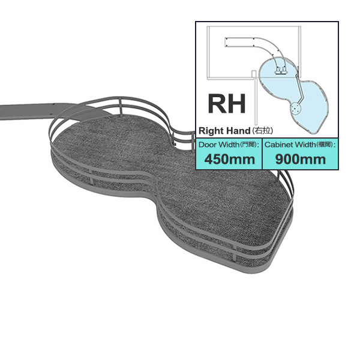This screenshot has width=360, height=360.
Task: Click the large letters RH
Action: (227, 104)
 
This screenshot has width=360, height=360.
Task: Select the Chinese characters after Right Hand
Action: (262, 131)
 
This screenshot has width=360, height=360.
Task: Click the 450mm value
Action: (230, 159)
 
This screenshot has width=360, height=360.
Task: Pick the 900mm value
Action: (301, 159)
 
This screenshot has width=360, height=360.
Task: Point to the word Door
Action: (208, 145)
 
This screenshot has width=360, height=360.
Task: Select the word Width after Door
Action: (229, 145)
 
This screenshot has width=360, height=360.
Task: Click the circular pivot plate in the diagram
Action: (295, 109)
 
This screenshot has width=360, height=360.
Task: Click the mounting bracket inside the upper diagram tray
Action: (281, 70)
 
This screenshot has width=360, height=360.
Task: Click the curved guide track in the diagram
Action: (255, 46)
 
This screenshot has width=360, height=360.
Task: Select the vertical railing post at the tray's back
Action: (121, 106)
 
